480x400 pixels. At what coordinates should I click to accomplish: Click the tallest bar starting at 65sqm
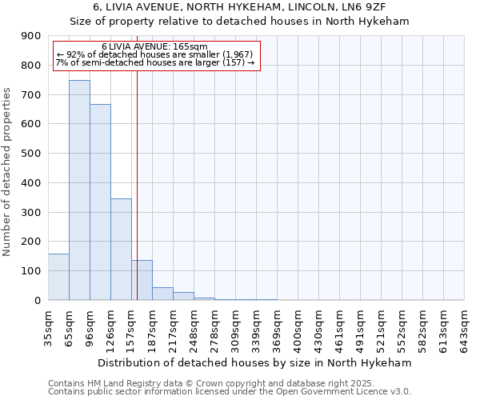point(79,190)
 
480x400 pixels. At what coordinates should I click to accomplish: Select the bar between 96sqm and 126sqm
point(100,202)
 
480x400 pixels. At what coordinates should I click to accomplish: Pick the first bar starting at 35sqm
point(58,277)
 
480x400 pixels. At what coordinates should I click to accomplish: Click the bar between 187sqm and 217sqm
point(162,294)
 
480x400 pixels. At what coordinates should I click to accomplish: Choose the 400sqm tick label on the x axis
point(298,328)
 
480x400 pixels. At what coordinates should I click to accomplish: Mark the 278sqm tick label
point(214,328)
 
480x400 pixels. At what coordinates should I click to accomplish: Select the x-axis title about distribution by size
point(256,362)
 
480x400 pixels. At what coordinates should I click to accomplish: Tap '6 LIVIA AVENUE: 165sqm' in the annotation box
point(154,46)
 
